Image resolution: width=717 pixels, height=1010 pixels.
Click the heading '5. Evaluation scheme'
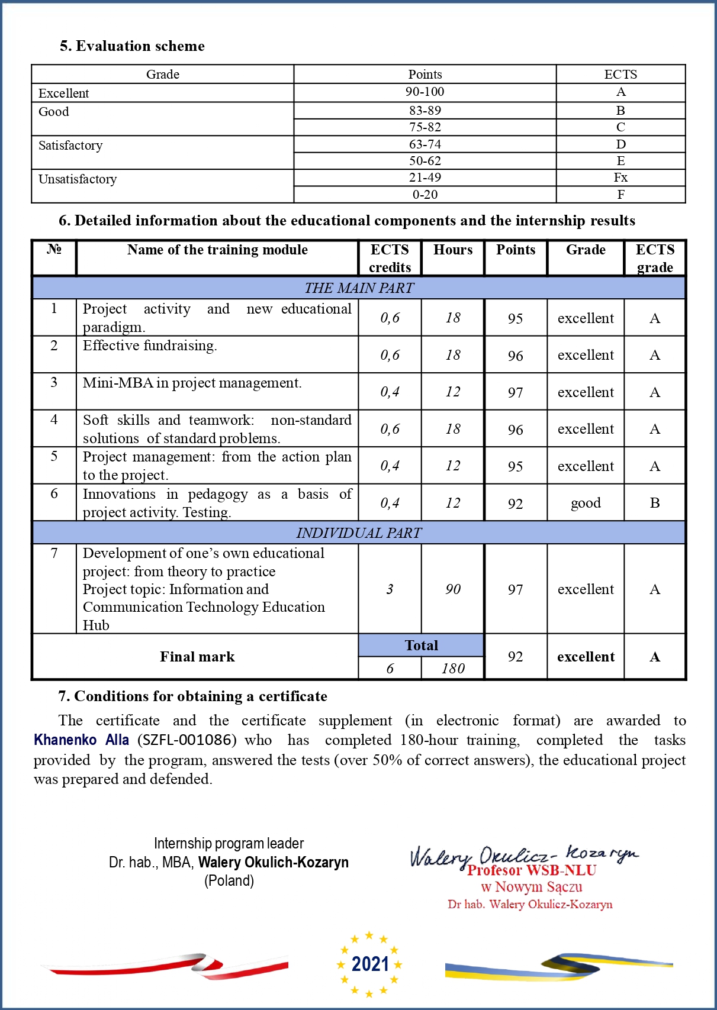[x=132, y=46]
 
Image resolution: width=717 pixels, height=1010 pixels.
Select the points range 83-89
[x=425, y=111]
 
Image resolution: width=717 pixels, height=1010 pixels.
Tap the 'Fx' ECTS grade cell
[x=620, y=178]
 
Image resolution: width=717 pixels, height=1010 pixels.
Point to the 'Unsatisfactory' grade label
[x=78, y=179]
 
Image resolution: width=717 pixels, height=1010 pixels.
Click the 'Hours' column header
[x=453, y=250]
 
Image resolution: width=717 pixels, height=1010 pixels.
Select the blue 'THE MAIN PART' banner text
[x=359, y=288]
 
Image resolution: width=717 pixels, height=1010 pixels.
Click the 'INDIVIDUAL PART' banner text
[x=359, y=533]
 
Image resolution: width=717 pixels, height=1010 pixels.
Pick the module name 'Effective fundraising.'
[x=150, y=346]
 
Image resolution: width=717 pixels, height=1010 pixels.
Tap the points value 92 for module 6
[x=515, y=504]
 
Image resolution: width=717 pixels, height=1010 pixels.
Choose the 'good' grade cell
[x=586, y=503]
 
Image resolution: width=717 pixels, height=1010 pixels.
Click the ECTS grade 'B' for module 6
[x=654, y=503]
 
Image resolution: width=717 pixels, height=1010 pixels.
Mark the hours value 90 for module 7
[x=453, y=589]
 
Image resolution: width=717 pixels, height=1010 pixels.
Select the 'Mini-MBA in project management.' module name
[x=192, y=383]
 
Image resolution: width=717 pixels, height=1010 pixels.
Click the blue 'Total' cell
[x=421, y=646]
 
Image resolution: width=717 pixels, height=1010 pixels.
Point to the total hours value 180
[x=453, y=669]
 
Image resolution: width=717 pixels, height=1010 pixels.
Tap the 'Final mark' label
[x=197, y=657]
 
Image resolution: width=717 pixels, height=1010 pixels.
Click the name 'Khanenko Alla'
[x=81, y=740]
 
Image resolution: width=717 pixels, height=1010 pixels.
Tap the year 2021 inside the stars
[x=370, y=964]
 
